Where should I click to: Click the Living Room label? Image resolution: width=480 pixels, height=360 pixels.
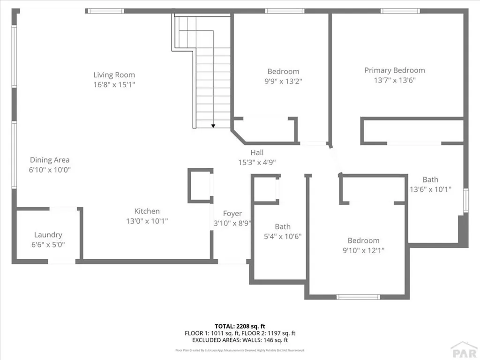114,75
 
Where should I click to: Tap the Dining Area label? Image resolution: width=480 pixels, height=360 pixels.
50,160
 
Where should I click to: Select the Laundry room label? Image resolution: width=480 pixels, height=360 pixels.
48,235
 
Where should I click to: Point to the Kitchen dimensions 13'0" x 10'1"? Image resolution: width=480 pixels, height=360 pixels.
147,221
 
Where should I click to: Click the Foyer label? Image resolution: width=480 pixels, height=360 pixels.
232,214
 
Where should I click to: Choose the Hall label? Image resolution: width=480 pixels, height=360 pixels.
257,152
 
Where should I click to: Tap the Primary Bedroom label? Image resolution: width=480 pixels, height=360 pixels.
395,70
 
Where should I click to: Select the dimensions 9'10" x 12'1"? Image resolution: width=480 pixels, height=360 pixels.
363,251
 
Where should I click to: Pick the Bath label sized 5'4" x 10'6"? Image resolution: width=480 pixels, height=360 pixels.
283,226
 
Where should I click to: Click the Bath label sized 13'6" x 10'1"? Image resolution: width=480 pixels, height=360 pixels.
430,180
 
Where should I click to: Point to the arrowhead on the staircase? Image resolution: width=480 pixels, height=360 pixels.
213,126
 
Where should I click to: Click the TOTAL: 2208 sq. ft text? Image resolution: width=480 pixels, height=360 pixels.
240,326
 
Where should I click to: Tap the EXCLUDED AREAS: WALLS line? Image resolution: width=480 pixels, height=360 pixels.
240,340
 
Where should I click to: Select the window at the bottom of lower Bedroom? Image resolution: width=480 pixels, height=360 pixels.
359,297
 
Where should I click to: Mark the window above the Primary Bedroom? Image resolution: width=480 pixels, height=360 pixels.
400,11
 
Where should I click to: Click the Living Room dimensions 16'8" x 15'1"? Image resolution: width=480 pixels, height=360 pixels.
114,85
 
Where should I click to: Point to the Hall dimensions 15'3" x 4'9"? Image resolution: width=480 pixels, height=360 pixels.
257,163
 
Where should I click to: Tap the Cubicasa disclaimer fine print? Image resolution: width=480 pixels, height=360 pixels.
240,350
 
